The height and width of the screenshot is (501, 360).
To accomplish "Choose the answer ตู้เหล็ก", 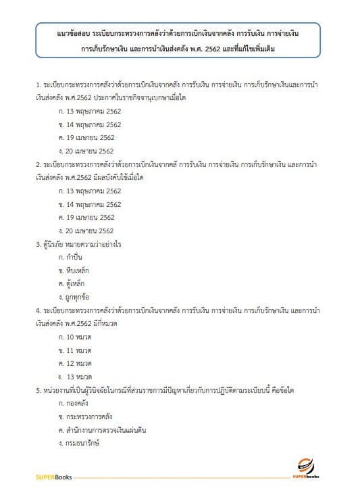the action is tap(75, 283).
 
